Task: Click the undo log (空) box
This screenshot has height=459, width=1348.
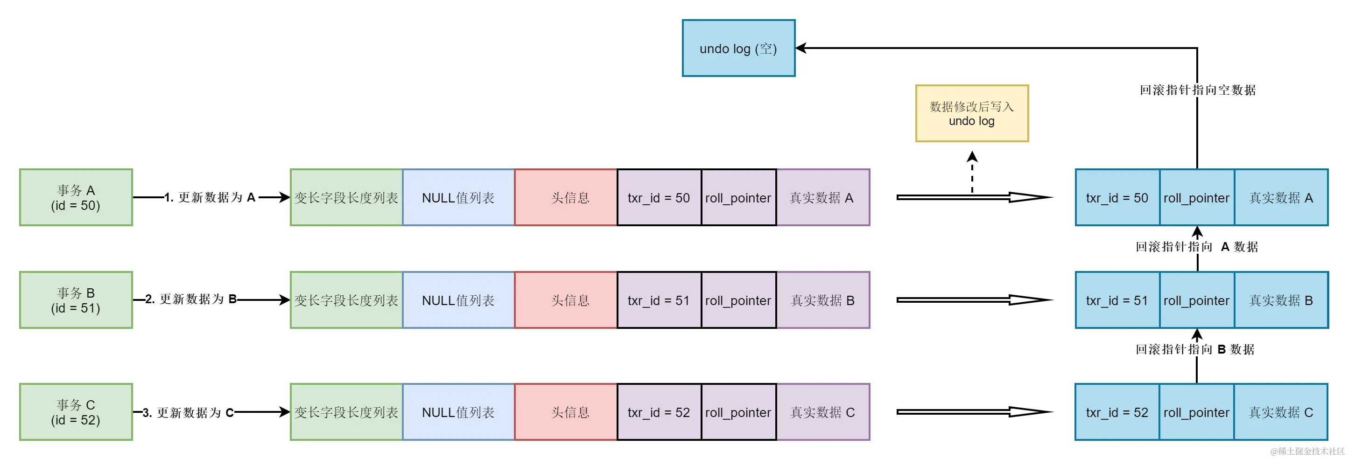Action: click(738, 48)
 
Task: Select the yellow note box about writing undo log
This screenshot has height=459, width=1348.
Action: click(972, 113)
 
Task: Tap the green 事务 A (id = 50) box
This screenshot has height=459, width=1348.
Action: click(76, 198)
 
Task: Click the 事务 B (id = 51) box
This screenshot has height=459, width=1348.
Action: click(76, 300)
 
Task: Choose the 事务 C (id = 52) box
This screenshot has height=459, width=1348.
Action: click(76, 412)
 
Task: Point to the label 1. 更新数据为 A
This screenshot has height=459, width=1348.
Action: click(211, 198)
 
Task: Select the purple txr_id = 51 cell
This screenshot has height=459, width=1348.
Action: click(659, 300)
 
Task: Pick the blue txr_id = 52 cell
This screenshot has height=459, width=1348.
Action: click(1116, 412)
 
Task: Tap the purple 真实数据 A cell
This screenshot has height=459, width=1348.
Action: click(822, 198)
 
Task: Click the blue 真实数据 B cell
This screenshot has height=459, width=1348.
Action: click(1281, 300)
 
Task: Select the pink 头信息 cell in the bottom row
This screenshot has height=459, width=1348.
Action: click(566, 412)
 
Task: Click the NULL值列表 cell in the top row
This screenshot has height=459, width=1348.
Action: click(458, 198)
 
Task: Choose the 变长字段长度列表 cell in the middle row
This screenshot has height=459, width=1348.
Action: click(346, 300)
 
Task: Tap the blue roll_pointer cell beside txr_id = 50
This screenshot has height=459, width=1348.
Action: click(1196, 198)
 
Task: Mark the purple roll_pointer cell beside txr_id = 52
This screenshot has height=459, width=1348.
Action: click(738, 412)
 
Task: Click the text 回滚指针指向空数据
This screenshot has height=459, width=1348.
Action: click(1197, 90)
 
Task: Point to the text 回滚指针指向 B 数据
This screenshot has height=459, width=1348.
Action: click(1195, 349)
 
